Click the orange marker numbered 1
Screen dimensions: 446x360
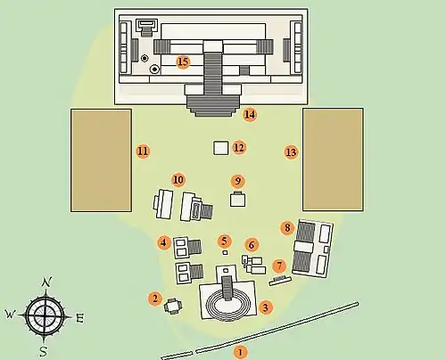[x=240, y=353]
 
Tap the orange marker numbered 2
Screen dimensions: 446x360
[x=155, y=299]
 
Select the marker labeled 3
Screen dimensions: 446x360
[x=266, y=307]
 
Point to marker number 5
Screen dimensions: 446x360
[x=225, y=241]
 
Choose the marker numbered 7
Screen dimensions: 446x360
[x=279, y=266]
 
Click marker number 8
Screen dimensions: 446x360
[x=287, y=228]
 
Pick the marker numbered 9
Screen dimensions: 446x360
[x=238, y=181]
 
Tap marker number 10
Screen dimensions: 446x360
[x=178, y=180]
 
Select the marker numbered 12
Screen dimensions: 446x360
[x=239, y=148]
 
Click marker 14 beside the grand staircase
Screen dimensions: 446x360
[x=250, y=115]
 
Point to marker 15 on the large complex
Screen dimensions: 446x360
[x=183, y=62]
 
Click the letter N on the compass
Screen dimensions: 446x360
[x=46, y=282]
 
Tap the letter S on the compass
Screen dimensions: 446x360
[x=44, y=352]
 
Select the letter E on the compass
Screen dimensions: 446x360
[x=79, y=318]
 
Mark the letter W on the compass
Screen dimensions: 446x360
[x=10, y=314]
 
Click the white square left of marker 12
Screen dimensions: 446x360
[x=221, y=148]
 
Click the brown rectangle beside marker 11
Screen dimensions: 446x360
[x=101, y=160]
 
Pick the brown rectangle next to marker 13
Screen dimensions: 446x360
[x=333, y=160]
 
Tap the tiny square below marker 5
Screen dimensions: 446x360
[x=225, y=253]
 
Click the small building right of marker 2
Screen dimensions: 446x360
[x=173, y=307]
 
